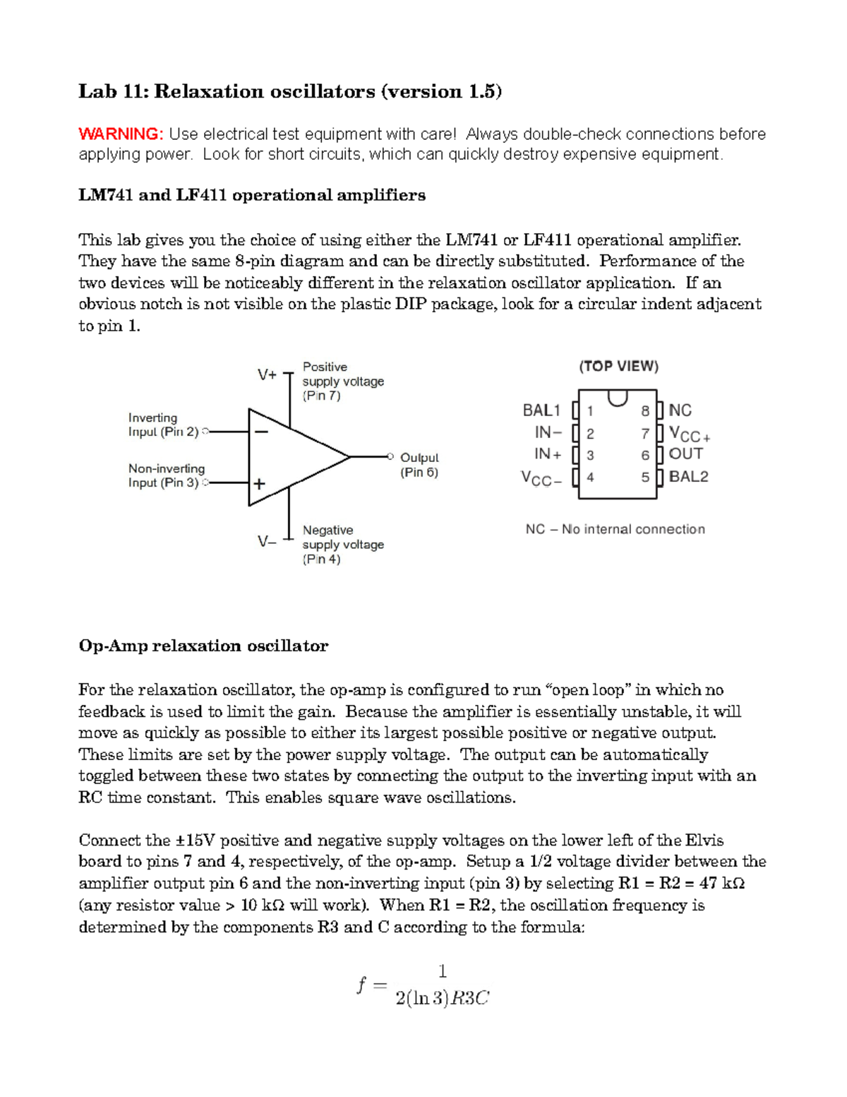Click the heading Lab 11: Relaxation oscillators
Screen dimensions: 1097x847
point(289,91)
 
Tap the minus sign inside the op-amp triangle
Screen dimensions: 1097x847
point(261,431)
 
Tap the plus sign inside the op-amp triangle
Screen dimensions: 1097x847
point(260,484)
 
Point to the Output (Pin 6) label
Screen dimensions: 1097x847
point(419,465)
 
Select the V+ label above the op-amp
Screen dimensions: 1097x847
point(267,375)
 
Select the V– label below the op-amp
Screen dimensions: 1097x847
point(267,542)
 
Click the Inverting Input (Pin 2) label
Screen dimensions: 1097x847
point(163,425)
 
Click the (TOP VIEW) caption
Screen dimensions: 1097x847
point(618,366)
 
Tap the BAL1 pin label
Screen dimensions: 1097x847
point(541,410)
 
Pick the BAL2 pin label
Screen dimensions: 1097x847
point(688,477)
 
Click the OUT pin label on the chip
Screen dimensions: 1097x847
point(685,454)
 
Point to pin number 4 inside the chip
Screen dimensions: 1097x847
point(590,478)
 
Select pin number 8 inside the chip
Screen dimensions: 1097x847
point(645,411)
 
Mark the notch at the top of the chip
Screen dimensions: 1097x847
point(618,398)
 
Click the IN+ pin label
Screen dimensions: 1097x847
point(548,454)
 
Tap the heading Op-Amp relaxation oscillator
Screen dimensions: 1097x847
point(203,646)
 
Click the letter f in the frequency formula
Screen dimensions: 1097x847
point(361,984)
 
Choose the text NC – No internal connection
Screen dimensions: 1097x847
point(615,529)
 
